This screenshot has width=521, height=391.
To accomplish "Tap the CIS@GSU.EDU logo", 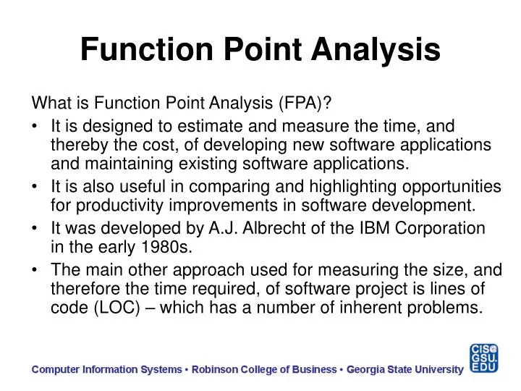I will click(x=484, y=359).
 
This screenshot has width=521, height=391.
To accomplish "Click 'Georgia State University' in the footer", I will click(x=404, y=369).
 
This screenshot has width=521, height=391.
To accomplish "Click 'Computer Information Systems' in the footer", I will click(x=106, y=369).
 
